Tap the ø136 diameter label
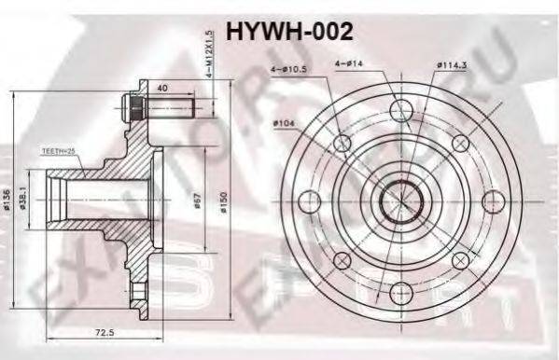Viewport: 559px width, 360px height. pos(10,198)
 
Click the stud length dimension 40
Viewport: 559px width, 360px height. pos(164,90)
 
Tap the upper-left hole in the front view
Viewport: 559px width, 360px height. pos(342,143)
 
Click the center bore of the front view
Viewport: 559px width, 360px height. pos(399,199)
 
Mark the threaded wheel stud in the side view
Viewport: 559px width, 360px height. pos(161,104)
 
